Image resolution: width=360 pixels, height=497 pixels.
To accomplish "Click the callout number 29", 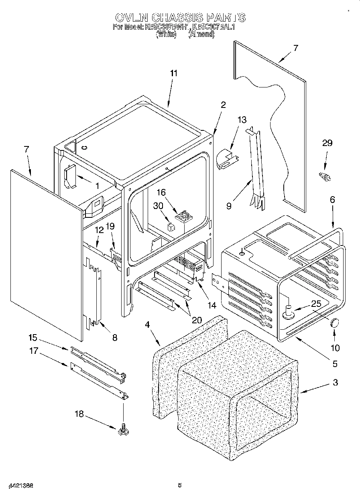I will point(327,143).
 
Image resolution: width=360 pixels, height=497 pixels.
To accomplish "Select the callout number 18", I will point(79,414).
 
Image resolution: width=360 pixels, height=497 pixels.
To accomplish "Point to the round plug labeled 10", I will point(334,322).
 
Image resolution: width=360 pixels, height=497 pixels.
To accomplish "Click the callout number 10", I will point(335,348).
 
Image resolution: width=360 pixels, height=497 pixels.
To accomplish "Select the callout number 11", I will point(173,73).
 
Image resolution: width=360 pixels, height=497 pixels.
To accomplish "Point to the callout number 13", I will point(242,120).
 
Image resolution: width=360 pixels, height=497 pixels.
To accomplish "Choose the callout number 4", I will point(147,324).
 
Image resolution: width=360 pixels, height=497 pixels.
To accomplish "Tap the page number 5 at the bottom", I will point(180,485).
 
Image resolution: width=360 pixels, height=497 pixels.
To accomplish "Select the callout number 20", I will point(196,320).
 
